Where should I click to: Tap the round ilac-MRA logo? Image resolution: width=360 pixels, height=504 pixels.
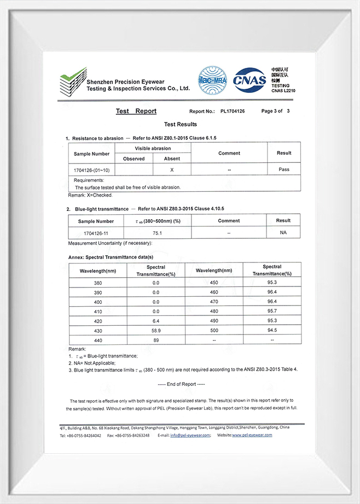[212, 81]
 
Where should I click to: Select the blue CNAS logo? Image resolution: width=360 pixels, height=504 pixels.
[250, 80]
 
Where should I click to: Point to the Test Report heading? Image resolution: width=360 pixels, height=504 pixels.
[136, 111]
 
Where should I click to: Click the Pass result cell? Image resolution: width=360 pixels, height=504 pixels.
[284, 169]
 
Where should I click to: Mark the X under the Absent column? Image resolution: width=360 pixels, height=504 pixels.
[172, 169]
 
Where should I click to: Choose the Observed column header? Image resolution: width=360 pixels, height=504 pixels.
[133, 159]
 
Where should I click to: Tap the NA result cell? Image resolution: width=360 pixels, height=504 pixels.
[283, 233]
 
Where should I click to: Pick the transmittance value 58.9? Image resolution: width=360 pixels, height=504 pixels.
[156, 330]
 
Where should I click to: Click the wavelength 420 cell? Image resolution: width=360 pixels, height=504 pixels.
[98, 321]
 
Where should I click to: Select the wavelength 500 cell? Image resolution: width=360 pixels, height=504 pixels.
[214, 330]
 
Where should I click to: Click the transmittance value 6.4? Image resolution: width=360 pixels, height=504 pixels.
[156, 321]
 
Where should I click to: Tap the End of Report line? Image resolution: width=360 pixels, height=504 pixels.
[181, 384]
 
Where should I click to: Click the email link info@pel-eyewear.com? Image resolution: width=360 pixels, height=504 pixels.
[190, 435]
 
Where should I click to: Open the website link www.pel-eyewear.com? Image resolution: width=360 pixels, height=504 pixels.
[252, 435]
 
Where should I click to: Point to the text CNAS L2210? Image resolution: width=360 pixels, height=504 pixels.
[283, 91]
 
